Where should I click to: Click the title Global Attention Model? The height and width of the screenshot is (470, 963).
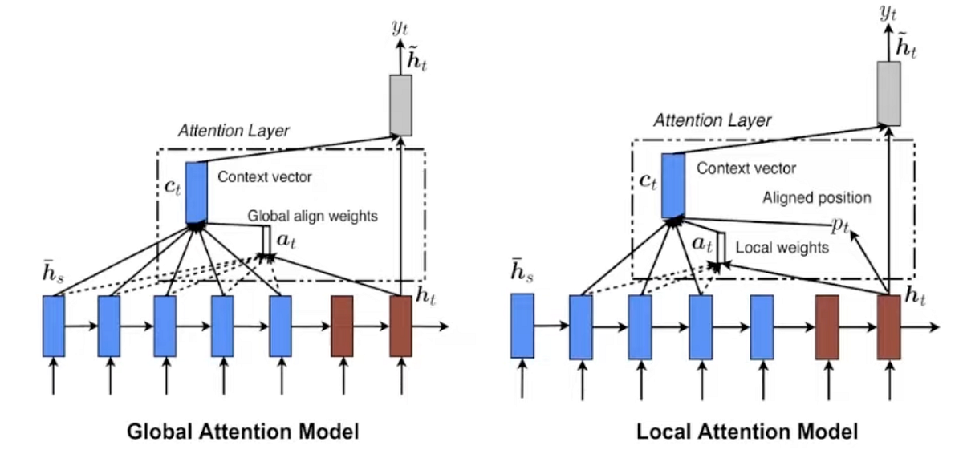point(243,432)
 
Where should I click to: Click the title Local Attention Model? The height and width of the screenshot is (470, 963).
point(747,432)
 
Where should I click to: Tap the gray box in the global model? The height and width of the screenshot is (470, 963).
point(400,104)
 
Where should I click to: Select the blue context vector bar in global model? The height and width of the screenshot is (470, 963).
point(197,192)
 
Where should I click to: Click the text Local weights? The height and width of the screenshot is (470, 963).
point(782,248)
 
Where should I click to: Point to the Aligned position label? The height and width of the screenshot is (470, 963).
point(816,197)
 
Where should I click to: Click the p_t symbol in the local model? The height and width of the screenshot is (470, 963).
point(840,225)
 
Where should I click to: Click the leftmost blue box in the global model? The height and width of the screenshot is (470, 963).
point(53,326)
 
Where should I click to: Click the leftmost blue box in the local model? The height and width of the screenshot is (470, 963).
point(522,326)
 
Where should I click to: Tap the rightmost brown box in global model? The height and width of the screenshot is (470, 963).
point(400,326)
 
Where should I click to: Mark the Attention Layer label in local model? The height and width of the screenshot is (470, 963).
point(712,120)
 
